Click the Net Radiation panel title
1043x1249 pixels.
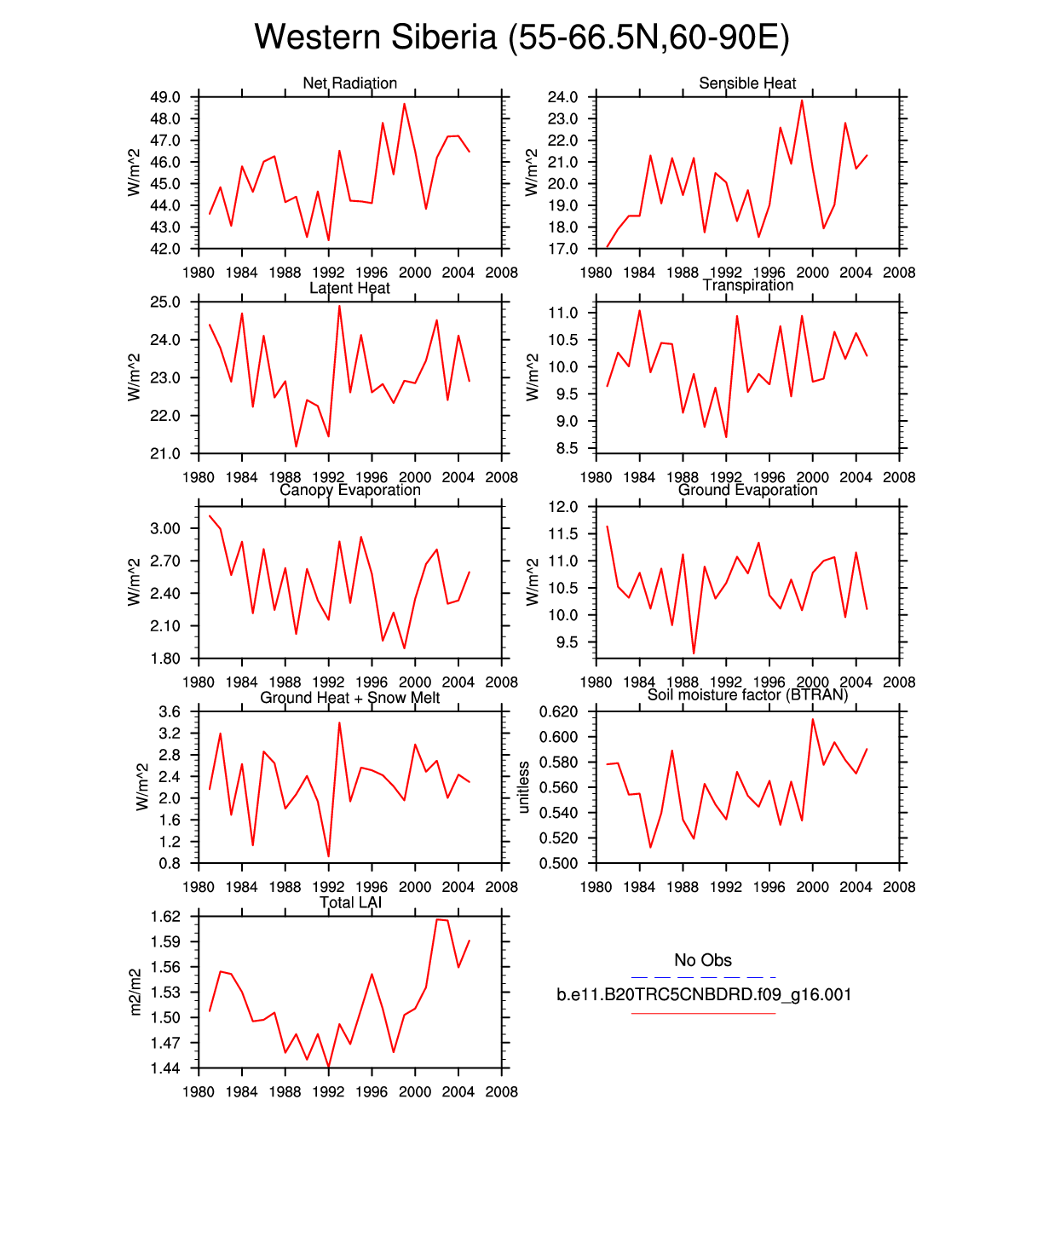(349, 83)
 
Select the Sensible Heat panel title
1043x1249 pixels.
(747, 83)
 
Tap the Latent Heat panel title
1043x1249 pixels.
(349, 288)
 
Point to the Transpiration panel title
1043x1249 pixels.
(747, 285)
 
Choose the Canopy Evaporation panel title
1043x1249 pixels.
(349, 490)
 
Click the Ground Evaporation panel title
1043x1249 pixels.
(747, 490)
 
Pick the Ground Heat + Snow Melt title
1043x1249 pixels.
(349, 698)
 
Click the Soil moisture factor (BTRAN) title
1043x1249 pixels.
(747, 695)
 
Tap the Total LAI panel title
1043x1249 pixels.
(349, 902)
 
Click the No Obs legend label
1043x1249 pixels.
(703, 960)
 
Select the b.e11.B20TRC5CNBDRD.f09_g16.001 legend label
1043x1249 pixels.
(704, 994)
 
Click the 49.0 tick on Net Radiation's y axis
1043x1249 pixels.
(165, 97)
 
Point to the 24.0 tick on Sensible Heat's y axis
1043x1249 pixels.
(563, 97)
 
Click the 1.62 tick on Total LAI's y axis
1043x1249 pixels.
(165, 917)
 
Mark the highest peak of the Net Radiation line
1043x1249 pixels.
(405, 104)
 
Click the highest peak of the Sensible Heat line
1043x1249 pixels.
(802, 101)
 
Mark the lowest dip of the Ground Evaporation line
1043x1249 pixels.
(694, 653)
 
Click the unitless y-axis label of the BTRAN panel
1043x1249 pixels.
(524, 787)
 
